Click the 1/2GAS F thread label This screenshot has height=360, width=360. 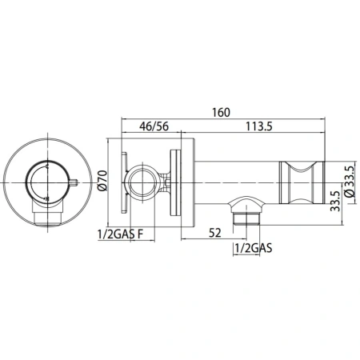[x=120, y=234]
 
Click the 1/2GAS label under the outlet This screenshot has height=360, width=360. [x=254, y=250]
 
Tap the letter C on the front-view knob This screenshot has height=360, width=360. [x=50, y=167]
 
